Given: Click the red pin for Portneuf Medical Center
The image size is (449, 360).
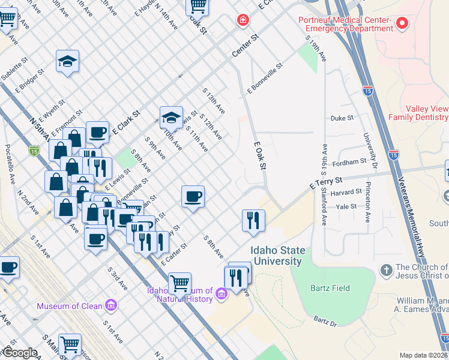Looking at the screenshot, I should [402, 23].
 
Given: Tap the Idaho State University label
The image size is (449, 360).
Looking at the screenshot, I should [278, 256].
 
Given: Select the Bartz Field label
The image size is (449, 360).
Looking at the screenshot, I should [330, 288].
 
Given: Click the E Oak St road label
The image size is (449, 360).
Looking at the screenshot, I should [259, 156].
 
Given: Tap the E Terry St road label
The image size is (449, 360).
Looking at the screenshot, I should [325, 183].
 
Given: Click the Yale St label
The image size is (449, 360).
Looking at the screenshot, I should [346, 206].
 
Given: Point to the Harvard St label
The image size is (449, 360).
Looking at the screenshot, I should [346, 193].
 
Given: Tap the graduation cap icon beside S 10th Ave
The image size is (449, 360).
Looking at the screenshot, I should [171, 117].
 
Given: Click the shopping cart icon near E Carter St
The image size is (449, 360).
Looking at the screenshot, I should [179, 282].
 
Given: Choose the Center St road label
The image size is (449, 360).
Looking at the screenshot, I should [246, 46].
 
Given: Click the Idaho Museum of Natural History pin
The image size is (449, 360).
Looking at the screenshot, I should [221, 293].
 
